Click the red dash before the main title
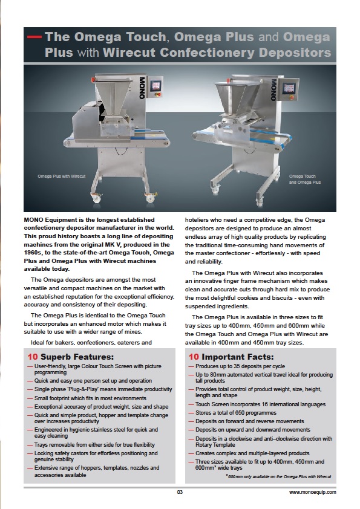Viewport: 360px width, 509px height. pos(34,37)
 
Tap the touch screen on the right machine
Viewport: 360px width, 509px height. pos(289,89)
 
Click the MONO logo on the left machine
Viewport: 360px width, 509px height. pos(142,88)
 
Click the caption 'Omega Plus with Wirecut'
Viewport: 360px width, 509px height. pos(61,177)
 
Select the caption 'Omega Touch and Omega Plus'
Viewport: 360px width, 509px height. pos(305,179)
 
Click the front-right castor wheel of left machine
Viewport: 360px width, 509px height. pos(150,197)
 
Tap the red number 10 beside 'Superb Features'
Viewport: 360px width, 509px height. pos(33,357)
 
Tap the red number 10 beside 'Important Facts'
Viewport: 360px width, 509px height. pos(194,357)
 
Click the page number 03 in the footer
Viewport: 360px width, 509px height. pos(180,492)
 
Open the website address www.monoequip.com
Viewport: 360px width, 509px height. pos(313,492)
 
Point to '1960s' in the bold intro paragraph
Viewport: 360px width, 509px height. pos(32,253)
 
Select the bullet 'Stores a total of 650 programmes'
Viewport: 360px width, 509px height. pos(236,413)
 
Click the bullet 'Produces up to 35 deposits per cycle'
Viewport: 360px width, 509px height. pos(240,366)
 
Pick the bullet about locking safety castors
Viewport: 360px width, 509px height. pos(96,456)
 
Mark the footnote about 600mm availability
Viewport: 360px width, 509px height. pos(278,476)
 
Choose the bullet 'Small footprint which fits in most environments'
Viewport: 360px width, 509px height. pos(90,398)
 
